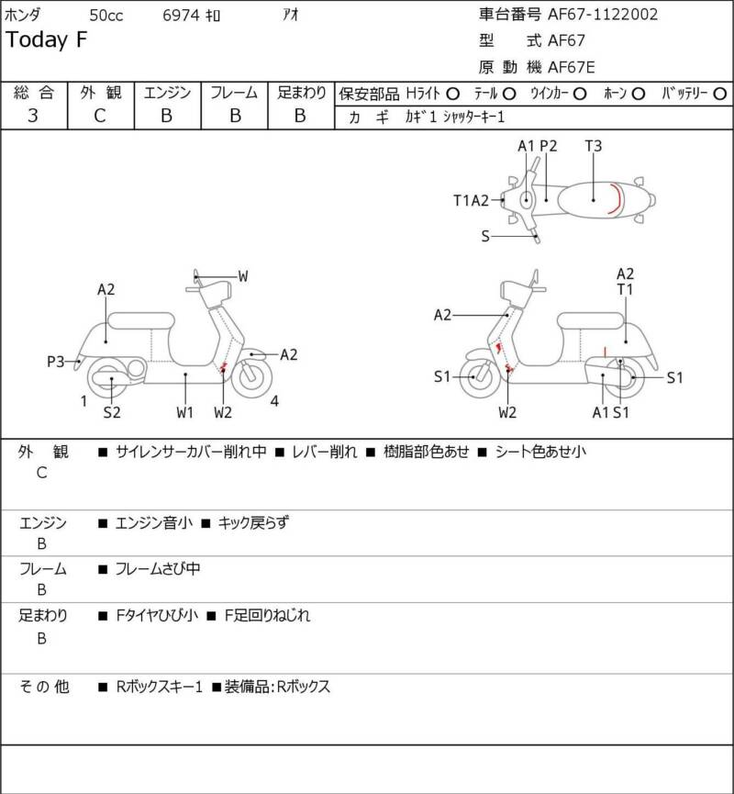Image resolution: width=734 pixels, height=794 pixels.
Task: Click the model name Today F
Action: pos(47,40)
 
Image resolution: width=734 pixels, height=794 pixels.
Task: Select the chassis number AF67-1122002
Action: pos(603,14)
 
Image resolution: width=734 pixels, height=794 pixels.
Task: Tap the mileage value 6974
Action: pos(181,16)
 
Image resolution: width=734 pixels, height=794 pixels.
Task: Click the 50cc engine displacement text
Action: pos(106,16)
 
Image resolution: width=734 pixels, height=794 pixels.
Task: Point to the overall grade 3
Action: pos(33,116)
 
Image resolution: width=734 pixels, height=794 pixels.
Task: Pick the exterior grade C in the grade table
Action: pos(100,116)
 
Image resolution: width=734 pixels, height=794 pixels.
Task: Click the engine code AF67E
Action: pos(572,67)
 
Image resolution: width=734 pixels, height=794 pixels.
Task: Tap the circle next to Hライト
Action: pos(453,94)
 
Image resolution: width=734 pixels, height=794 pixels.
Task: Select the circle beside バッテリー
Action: pos(719,94)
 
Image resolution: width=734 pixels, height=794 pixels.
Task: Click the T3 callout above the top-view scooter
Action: pos(594,146)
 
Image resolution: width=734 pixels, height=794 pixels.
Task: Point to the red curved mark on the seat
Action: pos(615,199)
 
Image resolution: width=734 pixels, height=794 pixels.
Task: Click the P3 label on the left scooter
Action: pos(56,362)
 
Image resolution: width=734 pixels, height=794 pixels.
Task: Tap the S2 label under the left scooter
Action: pos(112,412)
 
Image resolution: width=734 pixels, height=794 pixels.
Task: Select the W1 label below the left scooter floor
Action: pos(184,412)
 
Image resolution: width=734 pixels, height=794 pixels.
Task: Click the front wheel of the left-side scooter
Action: pos(251,377)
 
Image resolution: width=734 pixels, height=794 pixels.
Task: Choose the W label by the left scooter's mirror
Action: pos(243,276)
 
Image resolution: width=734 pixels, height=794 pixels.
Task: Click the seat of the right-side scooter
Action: pos(590,321)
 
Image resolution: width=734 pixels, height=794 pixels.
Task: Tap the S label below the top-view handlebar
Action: pos(485,236)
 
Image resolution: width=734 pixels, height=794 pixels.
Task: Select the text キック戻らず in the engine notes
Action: pos(253,522)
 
